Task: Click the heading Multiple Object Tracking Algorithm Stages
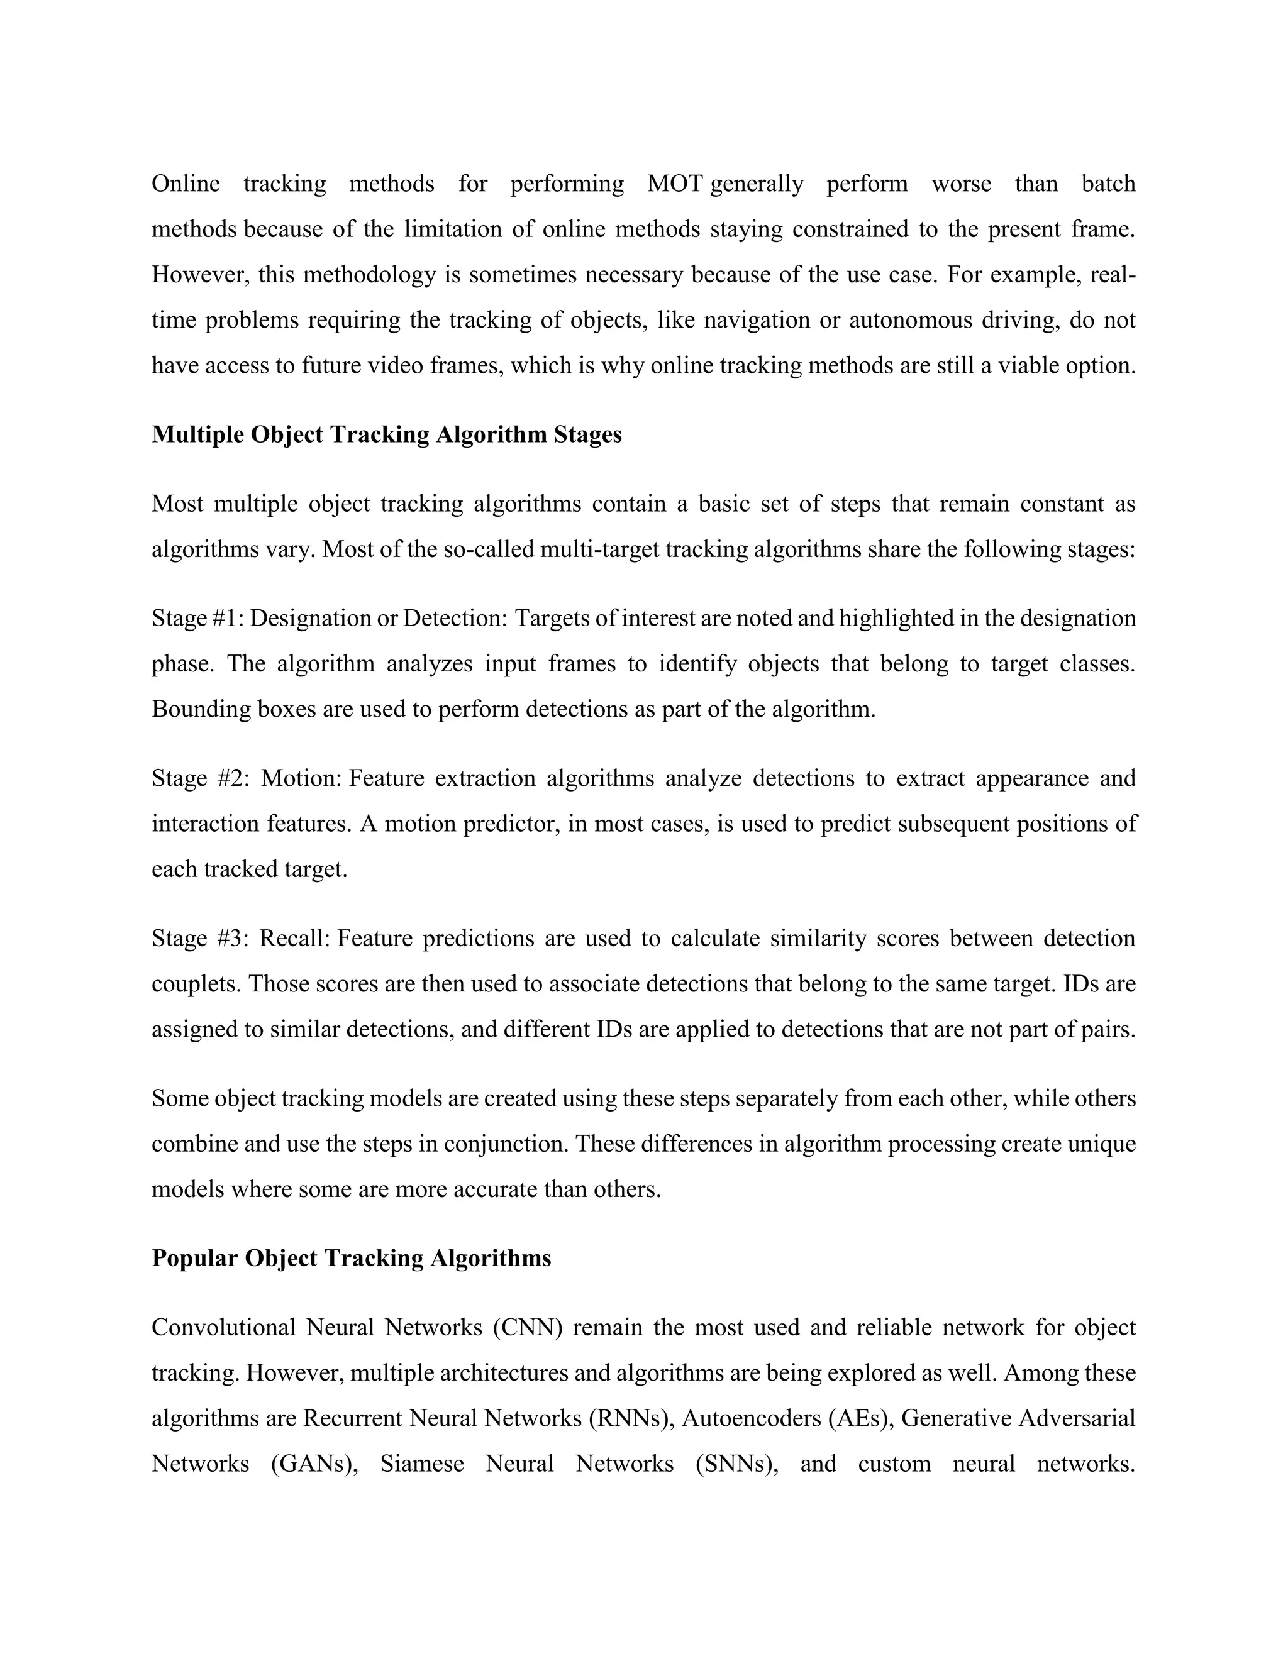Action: point(387,435)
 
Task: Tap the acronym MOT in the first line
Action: point(675,184)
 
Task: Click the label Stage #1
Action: point(197,618)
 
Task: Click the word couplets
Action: point(196,984)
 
